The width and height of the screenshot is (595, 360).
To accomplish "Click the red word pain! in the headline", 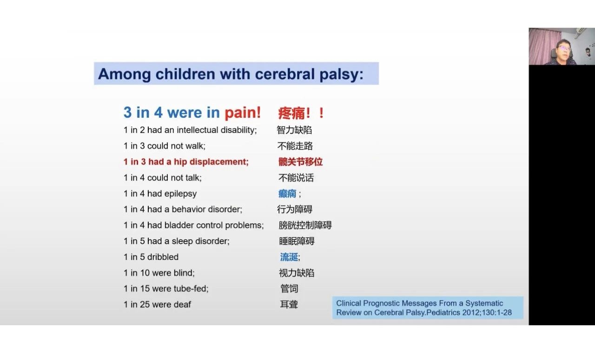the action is [243, 113].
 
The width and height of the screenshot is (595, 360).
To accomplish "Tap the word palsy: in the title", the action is [341, 74].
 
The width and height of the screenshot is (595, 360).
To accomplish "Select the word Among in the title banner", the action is [124, 74].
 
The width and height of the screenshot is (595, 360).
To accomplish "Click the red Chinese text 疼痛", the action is [291, 113].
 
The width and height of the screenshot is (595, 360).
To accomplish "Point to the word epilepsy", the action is [181, 194].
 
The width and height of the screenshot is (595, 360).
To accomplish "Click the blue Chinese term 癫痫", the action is [287, 193].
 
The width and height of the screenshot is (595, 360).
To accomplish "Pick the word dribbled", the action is [163, 257].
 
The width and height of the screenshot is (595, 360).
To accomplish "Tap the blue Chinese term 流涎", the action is [289, 257].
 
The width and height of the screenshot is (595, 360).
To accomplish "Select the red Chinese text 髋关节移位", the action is [300, 162].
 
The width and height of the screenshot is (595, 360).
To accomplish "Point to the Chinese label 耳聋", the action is [289, 305].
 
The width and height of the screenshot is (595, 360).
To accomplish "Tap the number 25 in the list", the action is [145, 305].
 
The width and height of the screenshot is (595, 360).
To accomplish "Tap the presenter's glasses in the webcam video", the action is [564, 48].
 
